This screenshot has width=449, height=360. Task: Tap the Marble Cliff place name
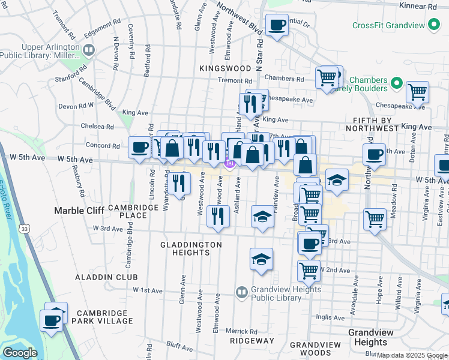(x=79, y=210)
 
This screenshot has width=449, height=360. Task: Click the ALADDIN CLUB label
(x=106, y=277)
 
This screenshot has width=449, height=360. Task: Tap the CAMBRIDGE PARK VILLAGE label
(x=104, y=317)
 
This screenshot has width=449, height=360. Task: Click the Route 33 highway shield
(x=24, y=229)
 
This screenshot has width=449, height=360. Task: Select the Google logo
(x=19, y=353)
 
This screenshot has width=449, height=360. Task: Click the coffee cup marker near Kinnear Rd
(x=277, y=26)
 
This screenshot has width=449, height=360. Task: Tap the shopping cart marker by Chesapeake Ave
(x=417, y=92)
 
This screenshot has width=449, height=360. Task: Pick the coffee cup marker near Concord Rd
(x=140, y=148)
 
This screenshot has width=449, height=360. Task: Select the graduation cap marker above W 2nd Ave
(x=262, y=259)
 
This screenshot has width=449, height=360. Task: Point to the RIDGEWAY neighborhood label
(x=252, y=340)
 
